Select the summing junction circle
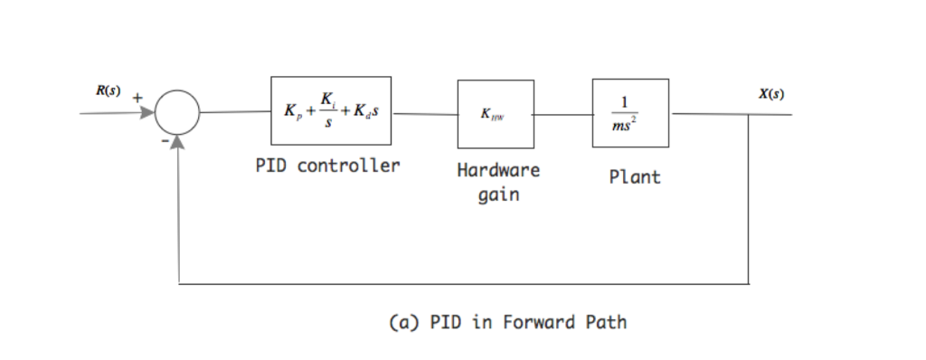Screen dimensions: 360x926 pyautogui.click(x=177, y=113)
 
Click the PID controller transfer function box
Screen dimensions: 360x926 pyautogui.click(x=331, y=110)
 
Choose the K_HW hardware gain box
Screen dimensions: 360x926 pyautogui.click(x=495, y=114)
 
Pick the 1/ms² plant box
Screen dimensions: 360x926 pyautogui.click(x=630, y=113)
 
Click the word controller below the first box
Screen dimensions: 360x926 pyautogui.click(x=348, y=166)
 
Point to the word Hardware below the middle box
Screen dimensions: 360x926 pyautogui.click(x=497, y=170)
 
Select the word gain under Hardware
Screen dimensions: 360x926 pyautogui.click(x=498, y=194)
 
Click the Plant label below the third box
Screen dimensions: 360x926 pyautogui.click(x=634, y=177)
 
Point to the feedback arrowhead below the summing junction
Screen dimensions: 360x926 pyautogui.click(x=178, y=143)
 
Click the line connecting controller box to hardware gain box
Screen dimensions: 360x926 pyautogui.click(x=424, y=114)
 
